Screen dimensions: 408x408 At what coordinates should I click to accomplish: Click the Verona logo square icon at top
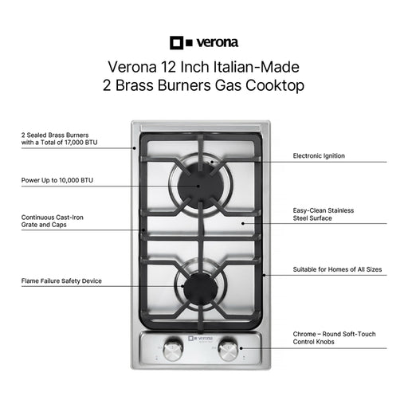coord(177,43)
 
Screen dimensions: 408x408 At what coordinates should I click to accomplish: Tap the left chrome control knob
coord(173,350)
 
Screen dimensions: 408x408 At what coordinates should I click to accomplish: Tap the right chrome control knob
coord(228,350)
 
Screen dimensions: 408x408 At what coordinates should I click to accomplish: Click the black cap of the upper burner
coord(198,186)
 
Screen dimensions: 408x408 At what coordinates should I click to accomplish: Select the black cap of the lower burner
coord(201,288)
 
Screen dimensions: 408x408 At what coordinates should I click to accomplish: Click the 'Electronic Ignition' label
coord(319,155)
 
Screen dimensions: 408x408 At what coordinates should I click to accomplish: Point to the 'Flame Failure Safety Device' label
coord(61,280)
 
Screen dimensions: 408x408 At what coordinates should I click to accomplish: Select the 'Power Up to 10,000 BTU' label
coord(57,180)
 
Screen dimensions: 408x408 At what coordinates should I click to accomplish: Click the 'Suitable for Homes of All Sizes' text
coord(337,269)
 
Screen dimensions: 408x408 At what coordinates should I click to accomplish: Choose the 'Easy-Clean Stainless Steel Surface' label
coord(324,214)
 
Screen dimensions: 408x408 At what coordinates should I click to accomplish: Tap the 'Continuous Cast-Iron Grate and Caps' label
coord(53,221)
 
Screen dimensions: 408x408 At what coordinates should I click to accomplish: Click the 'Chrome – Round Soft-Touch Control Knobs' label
coord(334,338)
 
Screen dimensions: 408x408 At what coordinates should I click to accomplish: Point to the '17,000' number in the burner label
coord(74,143)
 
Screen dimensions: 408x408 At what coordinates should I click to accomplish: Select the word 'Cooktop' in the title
coord(275,85)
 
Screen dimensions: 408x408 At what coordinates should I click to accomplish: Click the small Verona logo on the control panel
coord(201,338)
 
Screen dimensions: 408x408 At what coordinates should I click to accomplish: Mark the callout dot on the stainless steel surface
coord(243,223)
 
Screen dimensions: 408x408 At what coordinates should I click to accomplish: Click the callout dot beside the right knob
coord(241,348)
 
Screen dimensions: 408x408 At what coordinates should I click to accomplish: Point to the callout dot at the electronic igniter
coord(212,162)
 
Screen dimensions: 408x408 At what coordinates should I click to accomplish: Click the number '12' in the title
coord(168,67)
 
